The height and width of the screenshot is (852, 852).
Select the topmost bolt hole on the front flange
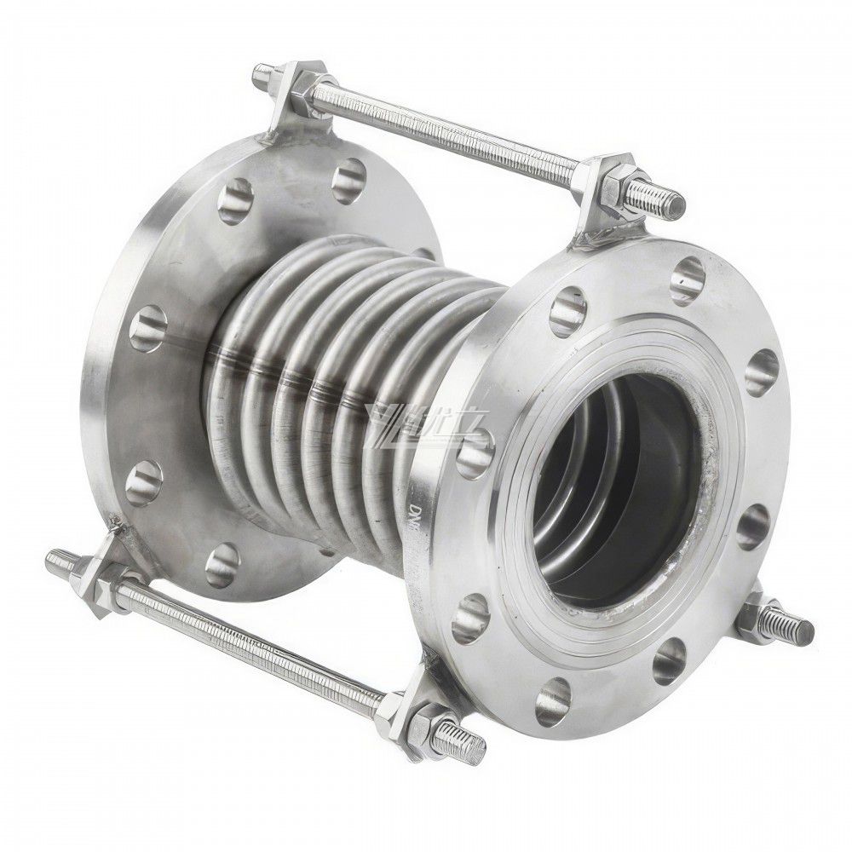tap(687, 273)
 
